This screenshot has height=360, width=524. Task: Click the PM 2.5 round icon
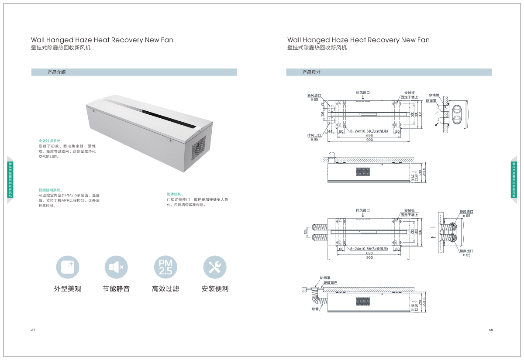pos(166,267)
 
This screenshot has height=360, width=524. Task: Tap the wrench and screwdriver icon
pos(215,267)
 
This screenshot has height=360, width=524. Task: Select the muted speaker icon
pos(116,267)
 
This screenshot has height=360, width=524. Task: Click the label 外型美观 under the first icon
pos(68,289)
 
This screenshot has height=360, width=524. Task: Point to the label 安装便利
pos(215,289)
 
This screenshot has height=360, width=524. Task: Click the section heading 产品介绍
pos(56,72)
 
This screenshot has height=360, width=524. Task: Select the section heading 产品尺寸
pos(311,72)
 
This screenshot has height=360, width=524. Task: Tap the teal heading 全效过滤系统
pos(50,141)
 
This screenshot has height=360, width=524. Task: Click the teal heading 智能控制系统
pos(50,190)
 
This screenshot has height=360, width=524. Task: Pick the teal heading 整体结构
pos(175,194)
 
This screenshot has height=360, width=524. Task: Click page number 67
pos(33,330)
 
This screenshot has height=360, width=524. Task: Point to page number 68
pos(491,330)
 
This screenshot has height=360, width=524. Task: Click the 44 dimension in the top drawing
pos(330,131)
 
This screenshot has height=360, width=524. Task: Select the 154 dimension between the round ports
pos(323,114)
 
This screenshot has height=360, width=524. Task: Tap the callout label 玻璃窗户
pos(330,283)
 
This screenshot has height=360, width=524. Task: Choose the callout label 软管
pos(315,309)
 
